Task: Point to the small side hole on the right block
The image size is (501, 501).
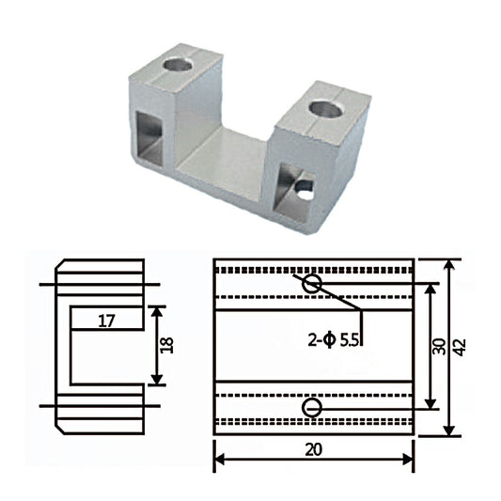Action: click(x=305, y=188)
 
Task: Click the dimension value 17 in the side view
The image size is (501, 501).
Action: click(x=105, y=321)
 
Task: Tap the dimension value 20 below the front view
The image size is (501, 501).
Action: click(x=314, y=449)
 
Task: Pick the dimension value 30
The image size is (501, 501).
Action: click(x=439, y=346)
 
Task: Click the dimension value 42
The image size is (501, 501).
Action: click(x=461, y=346)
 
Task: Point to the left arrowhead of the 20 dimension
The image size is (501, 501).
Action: click(x=219, y=460)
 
